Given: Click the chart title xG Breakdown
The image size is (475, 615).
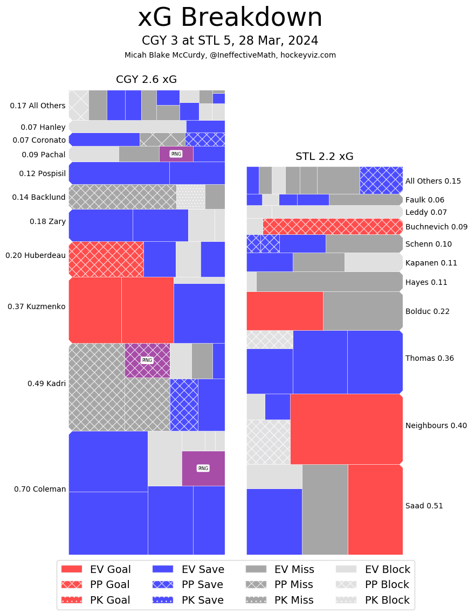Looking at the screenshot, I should tap(230, 18).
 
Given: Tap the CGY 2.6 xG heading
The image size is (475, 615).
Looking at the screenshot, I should tap(146, 80).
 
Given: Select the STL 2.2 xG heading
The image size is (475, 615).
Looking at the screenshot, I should tap(324, 157).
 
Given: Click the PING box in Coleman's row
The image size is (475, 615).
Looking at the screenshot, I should tap(203, 469).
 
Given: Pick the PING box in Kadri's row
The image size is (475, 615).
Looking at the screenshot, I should tap(147, 360).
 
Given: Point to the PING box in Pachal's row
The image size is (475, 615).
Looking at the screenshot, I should tap(176, 154).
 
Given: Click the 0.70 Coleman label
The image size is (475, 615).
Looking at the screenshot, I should tap(40, 490).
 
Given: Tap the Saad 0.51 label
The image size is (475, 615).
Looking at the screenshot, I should tap(424, 506).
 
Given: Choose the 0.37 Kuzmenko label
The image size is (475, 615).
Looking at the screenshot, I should tap(37, 307).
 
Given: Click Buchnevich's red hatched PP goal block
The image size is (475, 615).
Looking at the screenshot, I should tap(333, 226).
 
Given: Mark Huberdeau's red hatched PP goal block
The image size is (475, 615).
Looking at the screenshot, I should tap(106, 259).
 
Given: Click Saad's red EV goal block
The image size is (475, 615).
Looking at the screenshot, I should tap(375, 509).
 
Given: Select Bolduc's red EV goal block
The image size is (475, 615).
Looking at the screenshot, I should tap(285, 311).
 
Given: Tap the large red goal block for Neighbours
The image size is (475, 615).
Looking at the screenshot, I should tap(346, 429).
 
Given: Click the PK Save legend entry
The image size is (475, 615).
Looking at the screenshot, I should tap(188, 600).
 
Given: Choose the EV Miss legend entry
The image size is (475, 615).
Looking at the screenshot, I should tap(280, 569).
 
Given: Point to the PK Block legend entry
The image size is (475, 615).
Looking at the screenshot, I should tap(373, 600).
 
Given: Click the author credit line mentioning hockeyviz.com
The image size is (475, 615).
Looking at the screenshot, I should tap(230, 55).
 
